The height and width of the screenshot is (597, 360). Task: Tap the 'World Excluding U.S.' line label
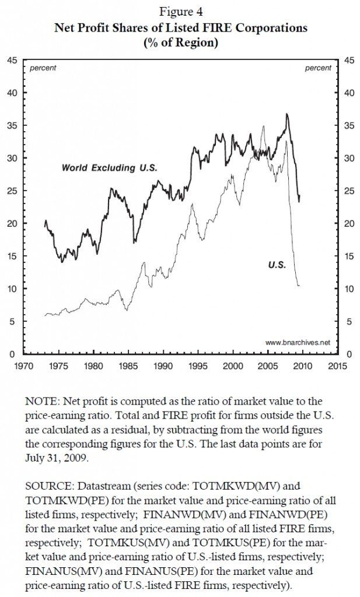(x=110, y=168)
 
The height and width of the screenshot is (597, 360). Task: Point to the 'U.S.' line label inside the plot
(x=277, y=265)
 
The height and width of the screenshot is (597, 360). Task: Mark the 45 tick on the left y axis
(x=11, y=60)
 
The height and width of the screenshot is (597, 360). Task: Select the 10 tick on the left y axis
(x=11, y=289)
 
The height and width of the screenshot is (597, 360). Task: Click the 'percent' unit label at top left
(x=43, y=68)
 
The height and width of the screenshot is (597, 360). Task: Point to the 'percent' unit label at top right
(x=318, y=68)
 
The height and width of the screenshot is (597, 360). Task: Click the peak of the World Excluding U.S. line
(x=286, y=114)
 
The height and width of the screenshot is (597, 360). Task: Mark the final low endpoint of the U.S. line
(x=299, y=286)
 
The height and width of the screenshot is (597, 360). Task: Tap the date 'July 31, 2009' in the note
(x=53, y=459)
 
